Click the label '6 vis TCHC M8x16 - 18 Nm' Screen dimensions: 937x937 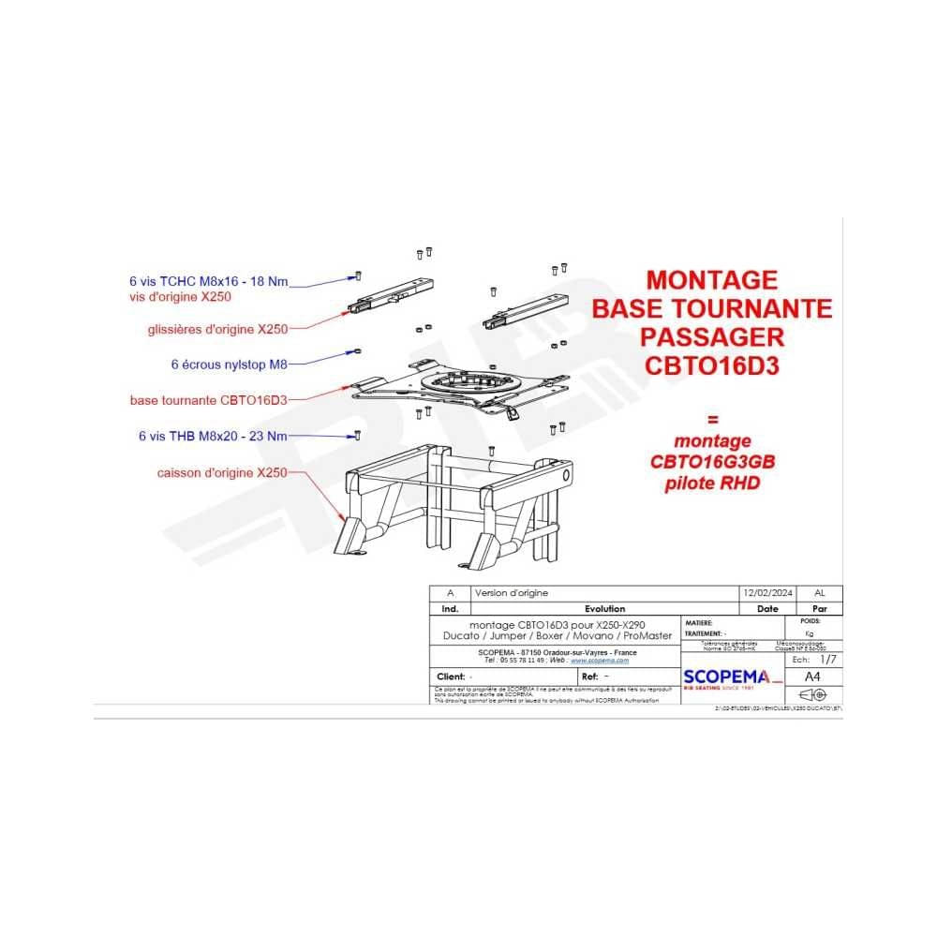click(x=209, y=280)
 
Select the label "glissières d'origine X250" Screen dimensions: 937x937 click(x=217, y=329)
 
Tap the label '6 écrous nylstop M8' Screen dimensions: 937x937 click(x=229, y=364)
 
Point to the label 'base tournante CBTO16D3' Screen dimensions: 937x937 click(x=208, y=399)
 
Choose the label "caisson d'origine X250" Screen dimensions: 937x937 click(x=222, y=473)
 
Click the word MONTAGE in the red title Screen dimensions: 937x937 click(x=712, y=279)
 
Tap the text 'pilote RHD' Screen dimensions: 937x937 click(x=712, y=483)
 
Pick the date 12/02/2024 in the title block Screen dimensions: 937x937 click(x=766, y=593)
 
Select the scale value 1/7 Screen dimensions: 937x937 click(x=826, y=660)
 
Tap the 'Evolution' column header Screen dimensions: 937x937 click(x=604, y=608)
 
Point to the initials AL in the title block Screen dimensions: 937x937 click(x=820, y=593)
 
